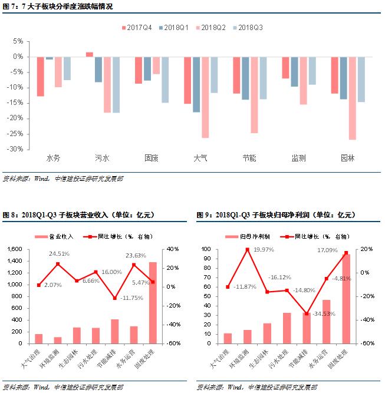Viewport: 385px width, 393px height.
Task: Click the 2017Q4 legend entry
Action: tap(140, 28)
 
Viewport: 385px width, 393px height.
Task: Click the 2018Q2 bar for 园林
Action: tap(352, 98)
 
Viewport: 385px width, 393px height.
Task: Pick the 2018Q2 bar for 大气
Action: tap(205, 97)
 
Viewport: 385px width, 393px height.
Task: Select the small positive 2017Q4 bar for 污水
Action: tap(90, 54)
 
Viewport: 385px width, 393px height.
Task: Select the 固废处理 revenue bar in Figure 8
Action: tap(153, 302)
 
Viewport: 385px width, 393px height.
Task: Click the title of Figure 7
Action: tap(58, 6)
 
